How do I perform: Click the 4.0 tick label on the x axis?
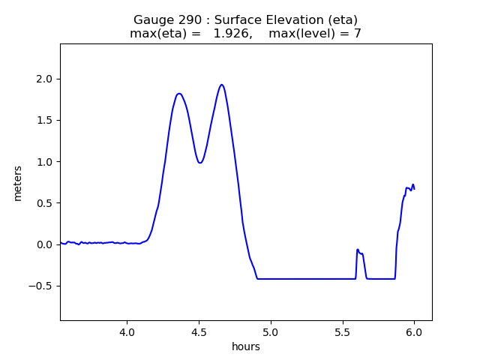127,332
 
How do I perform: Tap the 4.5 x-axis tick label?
199,332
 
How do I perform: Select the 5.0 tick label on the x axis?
271,332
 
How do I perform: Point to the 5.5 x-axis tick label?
343,332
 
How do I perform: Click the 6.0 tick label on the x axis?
415,332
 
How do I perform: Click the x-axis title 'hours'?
246,346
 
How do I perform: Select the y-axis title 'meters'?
17,184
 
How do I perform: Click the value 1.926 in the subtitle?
232,33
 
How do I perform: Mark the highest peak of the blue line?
222,85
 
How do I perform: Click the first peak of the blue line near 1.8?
179,94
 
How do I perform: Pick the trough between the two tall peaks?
199,163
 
